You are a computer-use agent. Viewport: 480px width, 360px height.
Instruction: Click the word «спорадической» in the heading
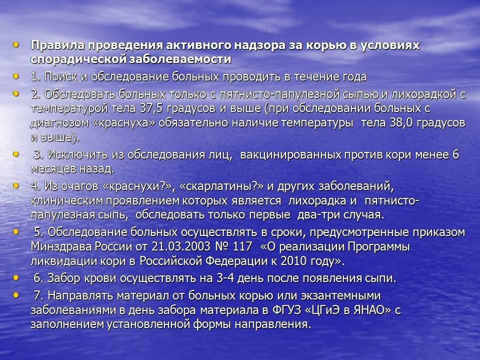click(x=78, y=59)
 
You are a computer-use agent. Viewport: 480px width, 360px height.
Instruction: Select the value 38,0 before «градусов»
click(x=401, y=123)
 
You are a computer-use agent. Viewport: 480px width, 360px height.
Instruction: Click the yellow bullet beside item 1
click(x=16, y=75)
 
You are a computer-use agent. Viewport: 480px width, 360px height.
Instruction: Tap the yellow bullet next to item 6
click(x=16, y=277)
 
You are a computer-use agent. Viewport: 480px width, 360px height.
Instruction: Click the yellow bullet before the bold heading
click(x=16, y=45)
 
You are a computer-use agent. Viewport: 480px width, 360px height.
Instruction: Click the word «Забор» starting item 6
click(x=63, y=278)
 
